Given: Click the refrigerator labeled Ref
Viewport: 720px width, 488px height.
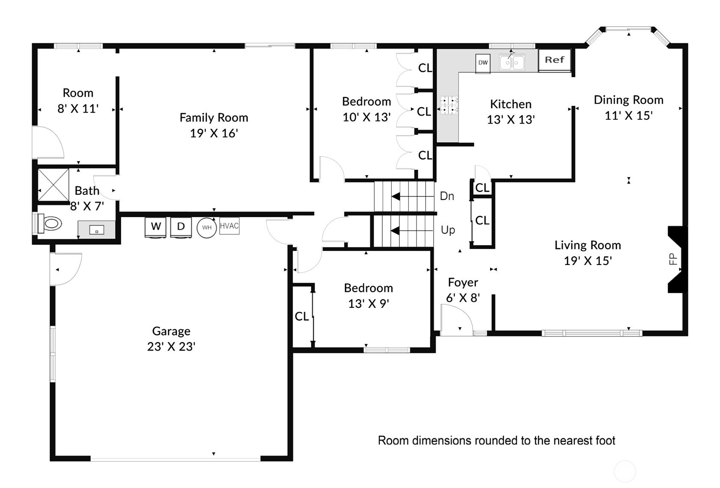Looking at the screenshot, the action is [554, 60].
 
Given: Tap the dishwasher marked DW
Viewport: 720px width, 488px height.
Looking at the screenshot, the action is [483, 63].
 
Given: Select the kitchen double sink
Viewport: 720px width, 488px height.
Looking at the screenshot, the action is [512, 62].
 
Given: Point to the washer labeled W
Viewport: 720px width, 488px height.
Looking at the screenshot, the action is [155, 227].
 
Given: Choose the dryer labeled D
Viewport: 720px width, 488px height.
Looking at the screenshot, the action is [181, 227].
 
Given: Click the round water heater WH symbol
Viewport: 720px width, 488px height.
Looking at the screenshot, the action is [207, 228].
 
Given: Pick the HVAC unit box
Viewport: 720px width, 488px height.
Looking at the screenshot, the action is [229, 226].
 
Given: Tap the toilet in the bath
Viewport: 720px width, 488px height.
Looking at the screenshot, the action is [50, 223].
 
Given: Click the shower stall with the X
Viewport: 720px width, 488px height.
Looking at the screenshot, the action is [54, 185].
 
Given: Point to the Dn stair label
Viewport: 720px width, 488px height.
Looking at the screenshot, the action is [447, 196].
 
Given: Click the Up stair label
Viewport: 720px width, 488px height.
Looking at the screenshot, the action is [448, 230].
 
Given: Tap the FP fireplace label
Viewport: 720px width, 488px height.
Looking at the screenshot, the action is [673, 259].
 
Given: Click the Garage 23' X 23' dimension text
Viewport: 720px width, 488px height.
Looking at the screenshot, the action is [171, 347].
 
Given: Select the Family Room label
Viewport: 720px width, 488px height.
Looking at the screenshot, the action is [214, 118].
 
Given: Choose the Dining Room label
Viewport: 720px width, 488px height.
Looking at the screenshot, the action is [629, 100].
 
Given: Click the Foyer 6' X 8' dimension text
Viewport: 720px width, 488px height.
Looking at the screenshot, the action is [463, 298].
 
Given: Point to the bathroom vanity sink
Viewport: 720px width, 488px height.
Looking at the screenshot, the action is [96, 230].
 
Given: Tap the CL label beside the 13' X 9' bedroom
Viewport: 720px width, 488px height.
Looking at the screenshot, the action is [302, 316].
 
